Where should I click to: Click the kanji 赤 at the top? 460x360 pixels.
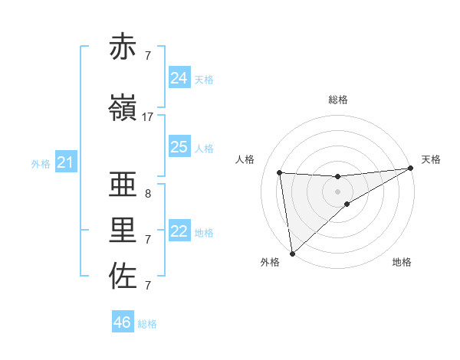tap(123, 47)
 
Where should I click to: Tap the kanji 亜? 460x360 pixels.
tap(123, 185)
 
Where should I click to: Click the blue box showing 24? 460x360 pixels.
tap(179, 78)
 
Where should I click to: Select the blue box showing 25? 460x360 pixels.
tap(179, 147)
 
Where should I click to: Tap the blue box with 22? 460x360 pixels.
tap(179, 231)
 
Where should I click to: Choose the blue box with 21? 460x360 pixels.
tap(65, 162)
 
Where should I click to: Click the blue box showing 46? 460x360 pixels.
tap(123, 322)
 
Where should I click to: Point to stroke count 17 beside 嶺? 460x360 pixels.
tap(148, 117)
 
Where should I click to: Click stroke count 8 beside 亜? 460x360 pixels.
tap(147, 194)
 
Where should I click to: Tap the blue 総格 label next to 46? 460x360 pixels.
tap(147, 324)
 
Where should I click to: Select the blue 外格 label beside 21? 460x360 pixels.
tap(40, 164)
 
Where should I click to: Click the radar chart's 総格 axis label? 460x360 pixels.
tap(338, 100)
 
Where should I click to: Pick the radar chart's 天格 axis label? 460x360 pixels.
tap(431, 159)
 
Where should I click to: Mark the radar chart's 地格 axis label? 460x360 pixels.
tap(402, 263)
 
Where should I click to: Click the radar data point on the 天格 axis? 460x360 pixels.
tap(410, 169)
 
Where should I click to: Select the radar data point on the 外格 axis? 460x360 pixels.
tap(291, 253)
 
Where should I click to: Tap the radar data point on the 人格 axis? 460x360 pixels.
tap(280, 172)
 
